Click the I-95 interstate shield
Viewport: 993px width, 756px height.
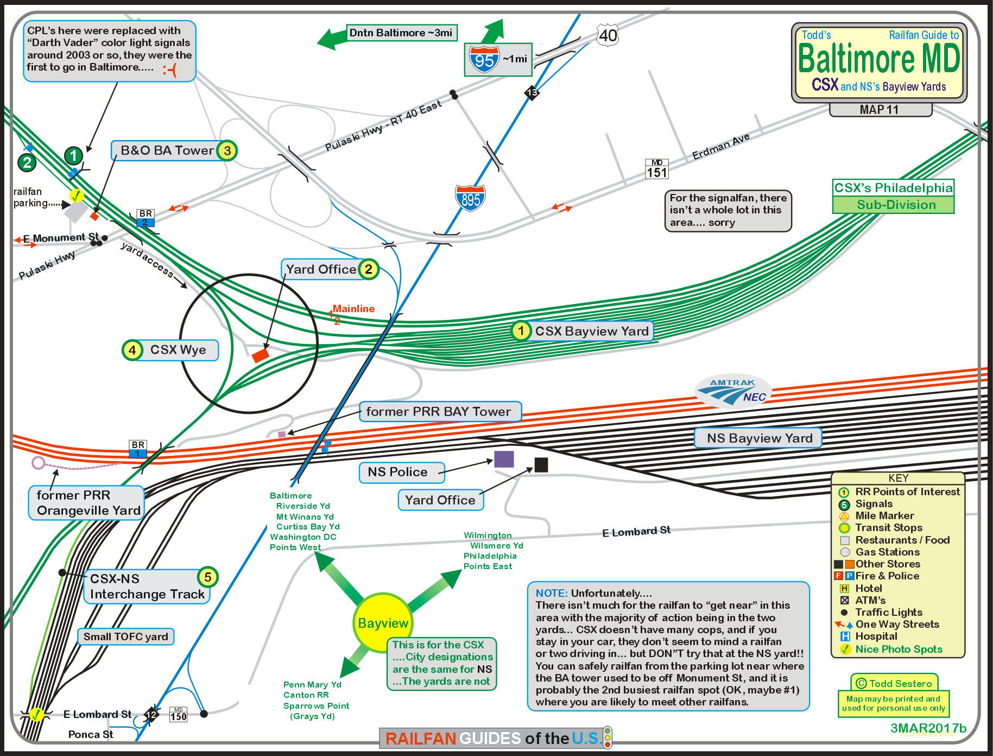coord(484,59)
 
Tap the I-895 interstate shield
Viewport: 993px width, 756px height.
coord(470,198)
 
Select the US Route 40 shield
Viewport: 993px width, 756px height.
coord(608,35)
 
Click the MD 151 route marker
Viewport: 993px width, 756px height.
coord(656,169)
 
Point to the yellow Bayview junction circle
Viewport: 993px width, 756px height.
coord(383,622)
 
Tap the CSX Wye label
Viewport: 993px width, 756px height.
coord(178,350)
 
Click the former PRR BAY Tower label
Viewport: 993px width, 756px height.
coord(439,412)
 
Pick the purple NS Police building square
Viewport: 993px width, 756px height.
coord(504,459)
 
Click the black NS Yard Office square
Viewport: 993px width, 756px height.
coord(541,464)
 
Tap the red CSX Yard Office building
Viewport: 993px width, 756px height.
coord(260,355)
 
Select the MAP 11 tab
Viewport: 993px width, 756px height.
coord(880,110)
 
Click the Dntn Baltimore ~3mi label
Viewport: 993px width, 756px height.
coord(401,33)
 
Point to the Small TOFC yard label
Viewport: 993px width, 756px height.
coord(126,637)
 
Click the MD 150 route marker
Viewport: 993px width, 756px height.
coord(178,714)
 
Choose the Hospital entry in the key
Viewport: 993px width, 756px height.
coord(876,636)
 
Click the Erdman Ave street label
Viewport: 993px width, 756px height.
coord(720,146)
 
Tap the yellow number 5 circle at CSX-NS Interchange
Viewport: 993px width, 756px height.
coord(207,577)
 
